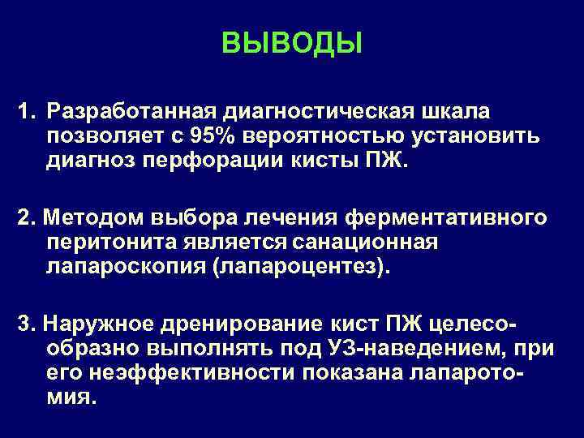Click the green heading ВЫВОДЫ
(291, 42)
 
